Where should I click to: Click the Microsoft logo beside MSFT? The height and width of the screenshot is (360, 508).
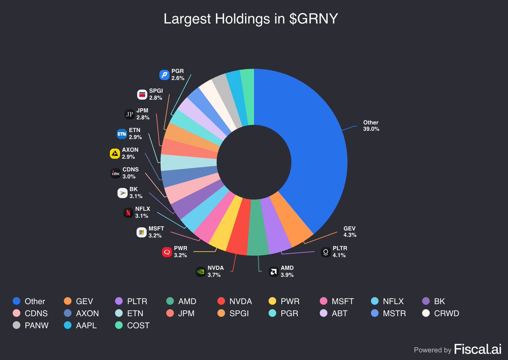pyautogui.click(x=142, y=232)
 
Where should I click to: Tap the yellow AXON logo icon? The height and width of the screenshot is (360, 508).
pyautogui.click(x=115, y=154)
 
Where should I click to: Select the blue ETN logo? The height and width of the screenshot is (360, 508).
pyautogui.click(x=122, y=134)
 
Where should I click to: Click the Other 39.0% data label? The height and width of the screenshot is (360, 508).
pyautogui.click(x=371, y=126)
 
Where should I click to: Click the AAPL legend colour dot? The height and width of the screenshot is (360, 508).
pyautogui.click(x=68, y=326)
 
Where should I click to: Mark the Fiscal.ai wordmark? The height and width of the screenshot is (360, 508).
pyautogui.click(x=478, y=349)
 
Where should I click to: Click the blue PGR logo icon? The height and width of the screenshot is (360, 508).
pyautogui.click(x=164, y=75)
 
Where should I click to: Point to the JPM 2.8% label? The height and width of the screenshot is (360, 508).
pyautogui.click(x=142, y=114)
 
